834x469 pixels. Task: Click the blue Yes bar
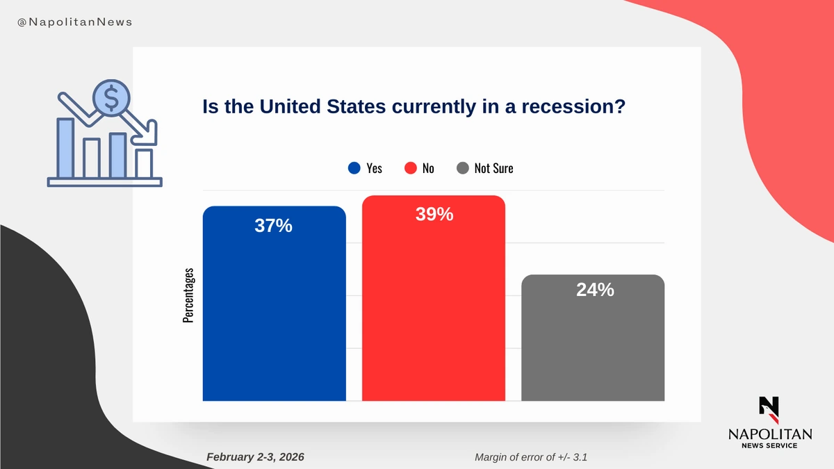(x=274, y=313)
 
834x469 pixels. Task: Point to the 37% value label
(x=273, y=226)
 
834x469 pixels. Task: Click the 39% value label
(x=434, y=215)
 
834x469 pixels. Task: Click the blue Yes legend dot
(x=354, y=168)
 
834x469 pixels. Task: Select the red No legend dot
(x=410, y=168)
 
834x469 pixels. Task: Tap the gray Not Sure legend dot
(x=463, y=168)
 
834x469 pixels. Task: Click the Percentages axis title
(x=188, y=295)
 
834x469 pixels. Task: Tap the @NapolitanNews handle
(x=74, y=22)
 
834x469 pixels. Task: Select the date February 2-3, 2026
(x=255, y=457)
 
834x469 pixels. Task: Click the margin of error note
(x=533, y=457)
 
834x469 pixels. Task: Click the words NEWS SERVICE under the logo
(x=769, y=445)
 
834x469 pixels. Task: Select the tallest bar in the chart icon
(x=65, y=147)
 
